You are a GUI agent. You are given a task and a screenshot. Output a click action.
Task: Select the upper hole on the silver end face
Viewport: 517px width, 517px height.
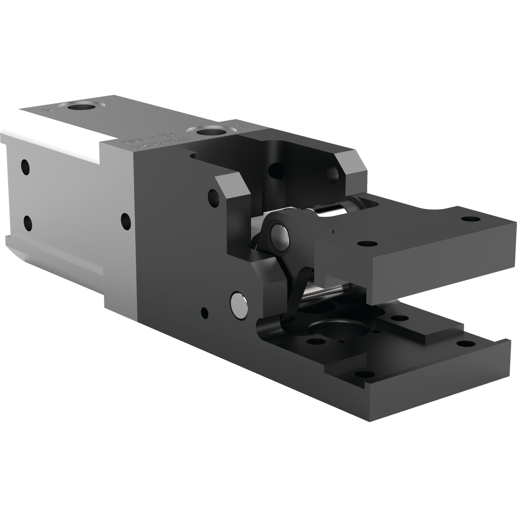[x=25, y=167]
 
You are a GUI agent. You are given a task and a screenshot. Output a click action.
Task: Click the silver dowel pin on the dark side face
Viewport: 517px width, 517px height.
[x=239, y=304]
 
